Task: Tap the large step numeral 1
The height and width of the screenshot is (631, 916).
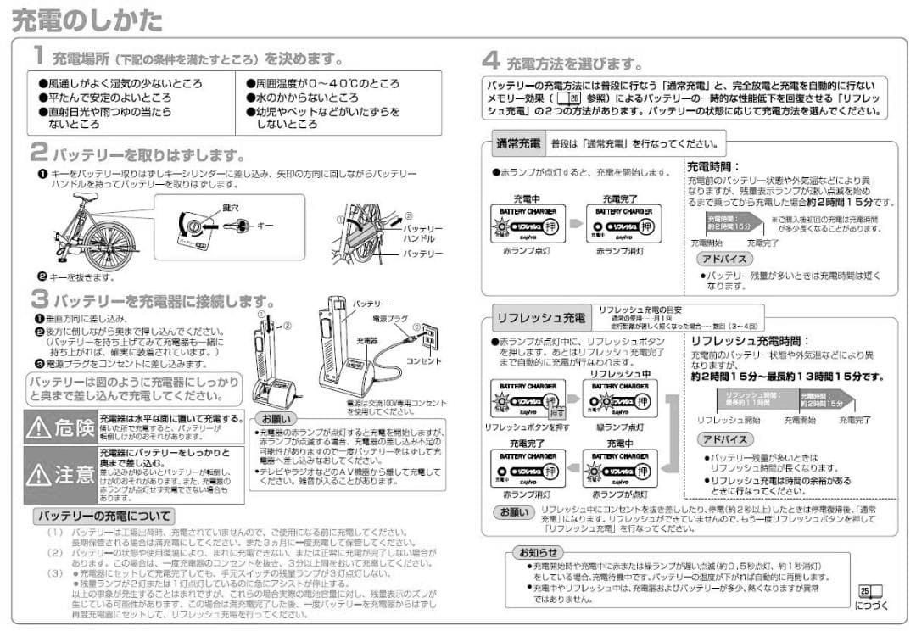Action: (39, 56)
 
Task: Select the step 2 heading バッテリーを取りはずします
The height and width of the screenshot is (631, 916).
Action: (148, 155)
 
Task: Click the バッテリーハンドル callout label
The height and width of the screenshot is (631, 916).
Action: (422, 234)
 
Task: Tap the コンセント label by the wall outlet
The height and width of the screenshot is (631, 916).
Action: (424, 361)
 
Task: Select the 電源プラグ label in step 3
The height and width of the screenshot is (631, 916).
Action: (390, 319)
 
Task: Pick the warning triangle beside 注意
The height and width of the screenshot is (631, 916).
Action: (39, 474)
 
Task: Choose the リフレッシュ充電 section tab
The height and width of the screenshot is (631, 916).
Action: (540, 318)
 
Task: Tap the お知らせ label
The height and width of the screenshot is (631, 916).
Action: (539, 553)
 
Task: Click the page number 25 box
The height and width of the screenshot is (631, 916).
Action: (865, 590)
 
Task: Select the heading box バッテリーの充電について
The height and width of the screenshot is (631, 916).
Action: (103, 516)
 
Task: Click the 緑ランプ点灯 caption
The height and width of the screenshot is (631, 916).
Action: (620, 427)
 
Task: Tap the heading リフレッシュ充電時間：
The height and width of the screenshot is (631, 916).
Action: (744, 340)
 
